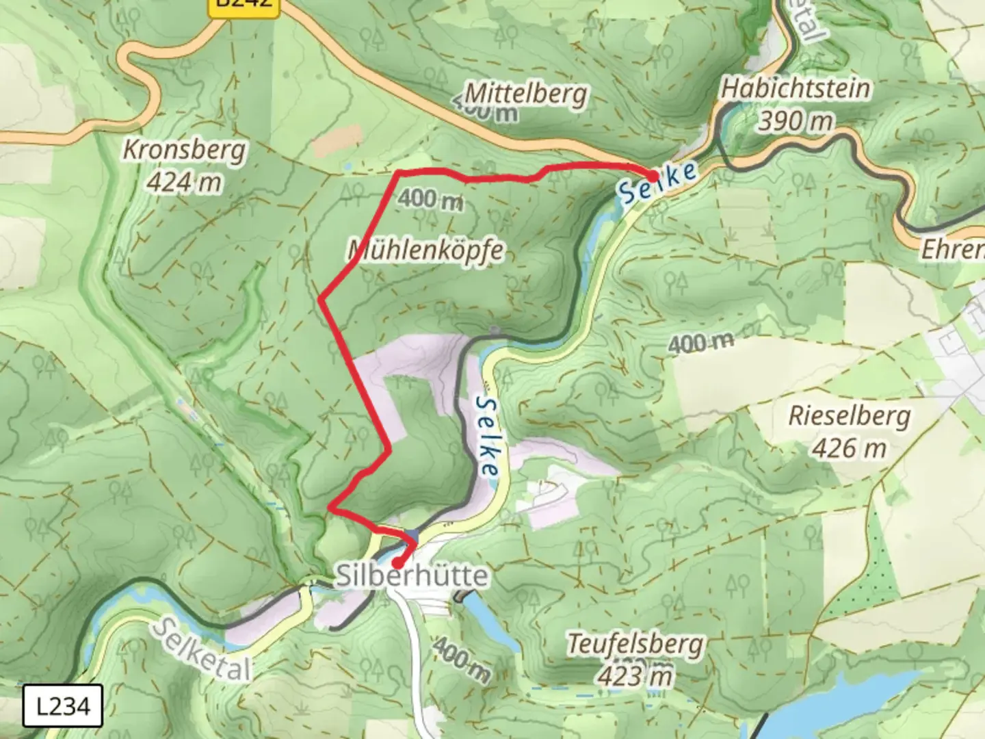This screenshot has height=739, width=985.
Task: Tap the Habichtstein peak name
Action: coord(796,88)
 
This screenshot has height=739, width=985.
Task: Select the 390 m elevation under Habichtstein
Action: coord(796,121)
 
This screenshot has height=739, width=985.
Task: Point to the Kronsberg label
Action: coord(184,150)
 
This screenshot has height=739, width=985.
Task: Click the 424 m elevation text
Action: coord(184,182)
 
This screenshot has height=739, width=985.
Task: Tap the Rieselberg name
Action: coord(850,415)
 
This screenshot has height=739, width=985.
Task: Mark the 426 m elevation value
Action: coord(849,448)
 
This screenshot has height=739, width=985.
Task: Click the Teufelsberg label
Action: coord(635,644)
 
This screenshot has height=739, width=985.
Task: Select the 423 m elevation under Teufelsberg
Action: coord(635,676)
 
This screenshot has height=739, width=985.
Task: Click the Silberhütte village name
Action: coord(412,576)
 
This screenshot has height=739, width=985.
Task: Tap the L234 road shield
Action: coord(62,705)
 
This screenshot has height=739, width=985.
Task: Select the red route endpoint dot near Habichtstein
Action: coord(653,176)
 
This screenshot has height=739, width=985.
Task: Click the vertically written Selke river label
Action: coord(486,436)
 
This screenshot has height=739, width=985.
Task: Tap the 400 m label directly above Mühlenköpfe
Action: coord(430,199)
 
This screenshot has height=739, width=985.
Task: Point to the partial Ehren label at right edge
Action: coord(952,250)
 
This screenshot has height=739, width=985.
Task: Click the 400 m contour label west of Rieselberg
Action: coord(700,342)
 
